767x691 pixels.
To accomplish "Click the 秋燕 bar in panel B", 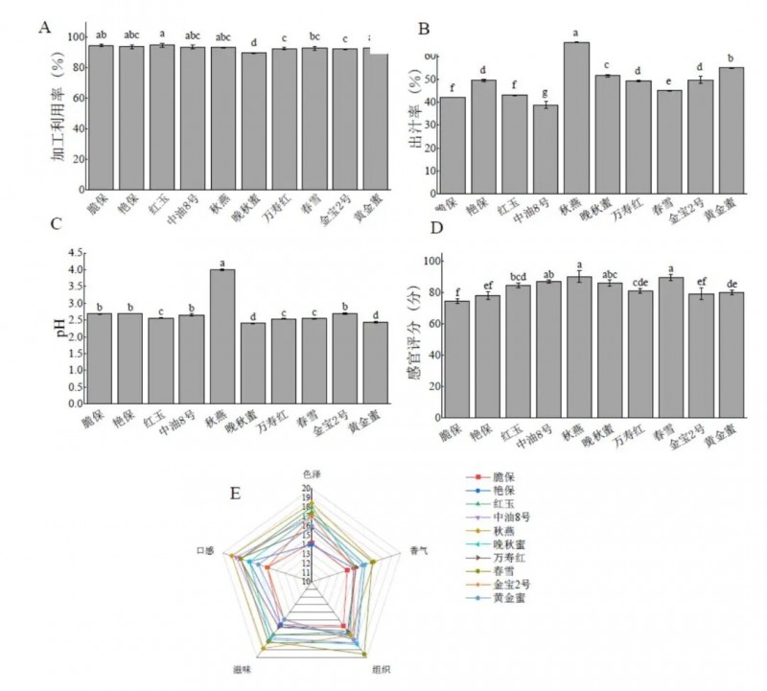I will tap(576, 116).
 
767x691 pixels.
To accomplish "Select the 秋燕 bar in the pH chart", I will tap(223, 336).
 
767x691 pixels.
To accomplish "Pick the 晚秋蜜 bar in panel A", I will tap(254, 121).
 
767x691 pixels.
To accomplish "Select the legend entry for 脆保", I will tap(508, 476).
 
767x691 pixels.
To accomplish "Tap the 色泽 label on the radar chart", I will tap(311, 474).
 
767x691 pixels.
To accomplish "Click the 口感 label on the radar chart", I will tap(205, 551).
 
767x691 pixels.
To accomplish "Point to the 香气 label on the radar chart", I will tap(419, 551).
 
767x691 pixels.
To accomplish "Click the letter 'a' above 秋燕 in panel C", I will tap(222, 264).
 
